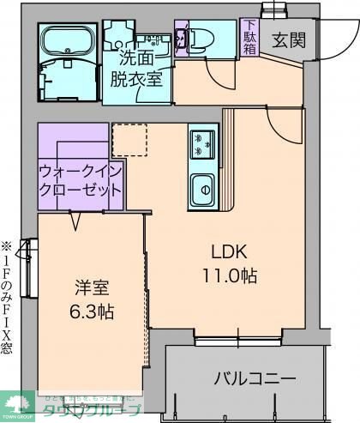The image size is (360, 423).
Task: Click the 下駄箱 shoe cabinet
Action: point(249,37)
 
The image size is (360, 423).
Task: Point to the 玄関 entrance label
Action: point(285,40)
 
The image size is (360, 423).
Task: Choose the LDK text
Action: point(230,251)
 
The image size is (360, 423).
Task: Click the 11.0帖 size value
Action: point(230,275)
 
